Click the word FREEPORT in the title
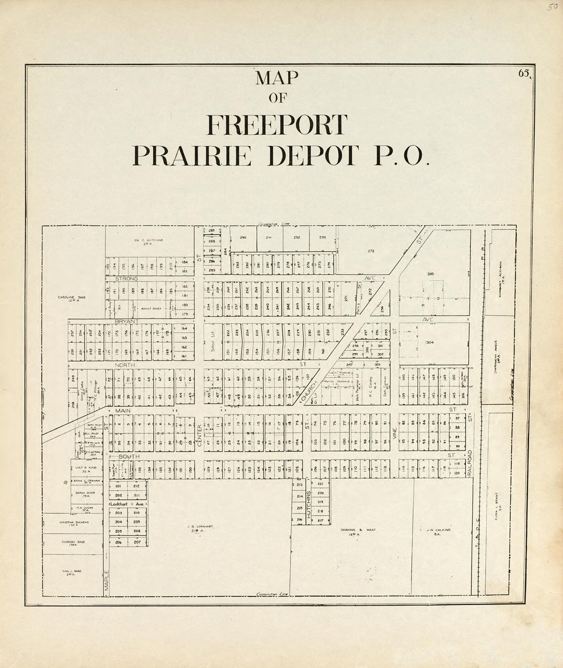click(x=277, y=125)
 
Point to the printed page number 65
click(x=524, y=73)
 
